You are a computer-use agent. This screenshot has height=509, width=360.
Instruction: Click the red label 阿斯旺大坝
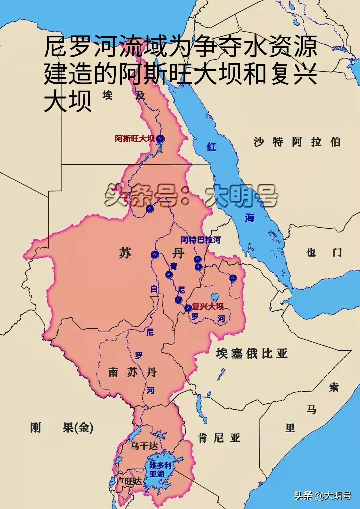[x=135, y=139]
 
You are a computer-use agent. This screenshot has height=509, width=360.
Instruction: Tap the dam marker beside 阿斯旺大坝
[x=161, y=139]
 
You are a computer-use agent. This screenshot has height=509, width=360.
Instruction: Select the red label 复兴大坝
[x=208, y=306]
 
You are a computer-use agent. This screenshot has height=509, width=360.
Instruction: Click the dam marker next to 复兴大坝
[x=188, y=308]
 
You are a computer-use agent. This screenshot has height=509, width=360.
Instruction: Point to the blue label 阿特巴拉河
[x=200, y=240]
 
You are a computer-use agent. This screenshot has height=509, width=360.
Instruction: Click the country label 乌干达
[x=144, y=446]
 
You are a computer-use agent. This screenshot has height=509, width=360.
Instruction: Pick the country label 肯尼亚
[x=219, y=438]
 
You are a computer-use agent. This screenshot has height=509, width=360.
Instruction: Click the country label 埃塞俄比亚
[x=251, y=353]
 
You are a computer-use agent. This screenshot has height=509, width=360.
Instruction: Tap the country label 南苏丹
[x=132, y=372]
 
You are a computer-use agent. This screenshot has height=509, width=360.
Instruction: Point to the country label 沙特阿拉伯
[x=297, y=142]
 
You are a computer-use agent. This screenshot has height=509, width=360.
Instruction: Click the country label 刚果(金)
[x=62, y=427]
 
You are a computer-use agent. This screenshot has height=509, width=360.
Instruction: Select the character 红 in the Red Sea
[x=212, y=147]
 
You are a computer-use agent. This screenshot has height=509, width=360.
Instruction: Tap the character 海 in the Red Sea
[x=249, y=218]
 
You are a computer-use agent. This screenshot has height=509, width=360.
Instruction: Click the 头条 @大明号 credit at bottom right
[x=322, y=496]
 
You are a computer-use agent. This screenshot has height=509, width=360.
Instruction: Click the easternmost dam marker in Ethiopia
[x=233, y=278]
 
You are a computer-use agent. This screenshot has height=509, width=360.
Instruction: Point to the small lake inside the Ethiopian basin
[x=215, y=296]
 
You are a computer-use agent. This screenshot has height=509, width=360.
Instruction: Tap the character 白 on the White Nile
[x=154, y=289]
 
